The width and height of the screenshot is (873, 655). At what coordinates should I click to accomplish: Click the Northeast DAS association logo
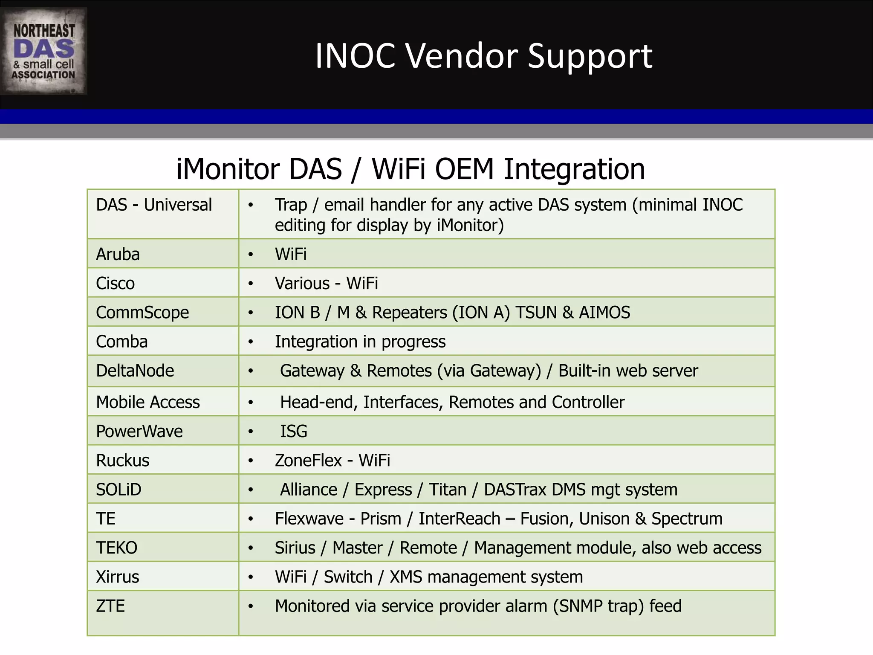pos(43,51)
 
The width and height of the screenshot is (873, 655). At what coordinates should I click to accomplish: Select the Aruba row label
pos(118,254)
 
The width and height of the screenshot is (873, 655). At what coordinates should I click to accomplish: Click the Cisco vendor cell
pos(116,283)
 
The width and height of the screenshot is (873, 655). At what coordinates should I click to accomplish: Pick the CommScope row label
pos(142,312)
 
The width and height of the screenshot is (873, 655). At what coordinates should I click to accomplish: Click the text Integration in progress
pos(360,342)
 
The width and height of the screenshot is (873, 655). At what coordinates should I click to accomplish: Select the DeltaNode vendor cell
pos(135,371)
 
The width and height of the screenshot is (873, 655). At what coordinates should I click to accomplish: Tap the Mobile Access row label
pos(148,402)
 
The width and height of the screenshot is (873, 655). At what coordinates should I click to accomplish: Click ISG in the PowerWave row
pos(294,431)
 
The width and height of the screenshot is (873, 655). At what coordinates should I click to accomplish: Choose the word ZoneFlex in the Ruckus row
pos(308,461)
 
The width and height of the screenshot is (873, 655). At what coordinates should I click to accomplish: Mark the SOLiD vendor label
pos(119,490)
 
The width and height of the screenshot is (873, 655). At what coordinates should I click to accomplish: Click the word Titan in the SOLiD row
pos(448,490)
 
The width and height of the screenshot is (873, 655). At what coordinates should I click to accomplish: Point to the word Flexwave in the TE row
pos(309,519)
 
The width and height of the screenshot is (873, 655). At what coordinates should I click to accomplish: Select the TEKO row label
pos(116,548)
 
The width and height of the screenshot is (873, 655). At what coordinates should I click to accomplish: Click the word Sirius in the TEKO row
pos(295,548)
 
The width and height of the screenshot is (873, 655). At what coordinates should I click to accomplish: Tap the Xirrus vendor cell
pos(118,577)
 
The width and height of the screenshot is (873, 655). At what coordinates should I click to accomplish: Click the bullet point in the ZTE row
pos(251,606)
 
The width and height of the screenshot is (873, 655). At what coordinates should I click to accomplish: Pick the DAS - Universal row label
pos(154,205)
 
